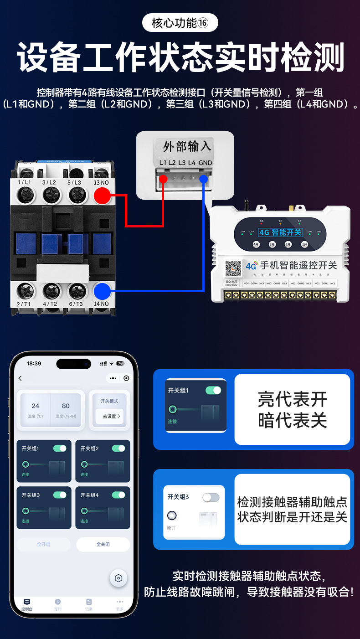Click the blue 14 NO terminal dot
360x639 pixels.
(103, 291)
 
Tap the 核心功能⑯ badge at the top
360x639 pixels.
(180, 23)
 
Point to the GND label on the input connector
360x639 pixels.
(205, 163)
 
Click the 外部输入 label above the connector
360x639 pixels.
(187, 146)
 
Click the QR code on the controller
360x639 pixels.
(233, 269)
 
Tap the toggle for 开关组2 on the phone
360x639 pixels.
(118, 448)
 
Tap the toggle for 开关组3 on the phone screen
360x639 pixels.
(60, 495)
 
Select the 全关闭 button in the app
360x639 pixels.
(103, 544)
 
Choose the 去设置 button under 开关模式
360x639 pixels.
(110, 416)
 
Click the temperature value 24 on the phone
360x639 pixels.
(36, 406)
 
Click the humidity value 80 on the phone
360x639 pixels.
(66, 406)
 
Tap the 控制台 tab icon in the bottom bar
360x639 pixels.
(27, 603)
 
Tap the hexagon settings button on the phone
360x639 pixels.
(118, 578)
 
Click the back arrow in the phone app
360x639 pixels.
(20, 378)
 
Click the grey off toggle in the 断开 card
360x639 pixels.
(211, 497)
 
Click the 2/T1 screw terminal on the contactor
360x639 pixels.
(25, 291)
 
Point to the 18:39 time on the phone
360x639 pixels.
(34, 363)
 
